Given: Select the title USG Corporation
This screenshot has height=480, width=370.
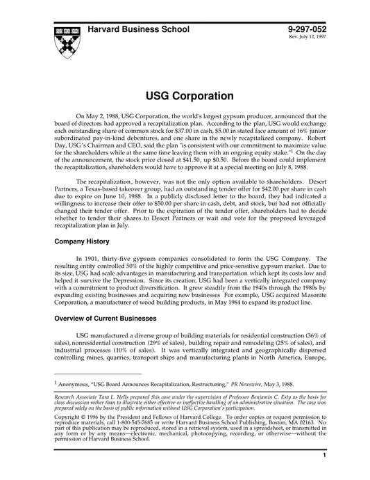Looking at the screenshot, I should pyautogui.click(x=185, y=95).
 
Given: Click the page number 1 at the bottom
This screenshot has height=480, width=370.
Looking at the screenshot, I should pyautogui.click(x=325, y=474).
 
